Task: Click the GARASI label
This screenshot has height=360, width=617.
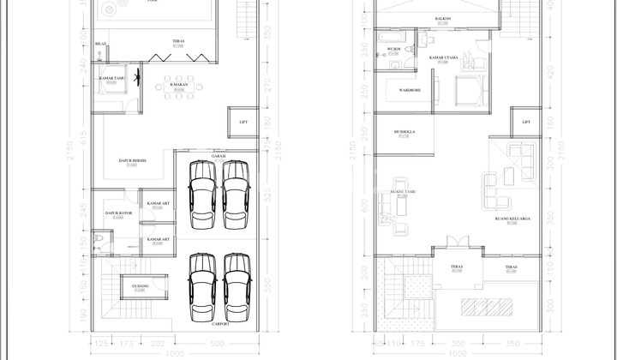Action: [218, 156]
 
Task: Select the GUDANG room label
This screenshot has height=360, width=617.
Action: [141, 285]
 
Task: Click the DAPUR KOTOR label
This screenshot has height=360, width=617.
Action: [117, 213]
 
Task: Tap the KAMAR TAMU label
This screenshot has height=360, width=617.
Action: [112, 79]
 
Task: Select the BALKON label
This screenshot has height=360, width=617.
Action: [442, 18]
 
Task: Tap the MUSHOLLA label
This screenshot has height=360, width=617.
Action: [404, 132]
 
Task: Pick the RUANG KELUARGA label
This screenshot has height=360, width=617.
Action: [512, 219]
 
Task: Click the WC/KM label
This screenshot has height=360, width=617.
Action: [394, 49]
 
